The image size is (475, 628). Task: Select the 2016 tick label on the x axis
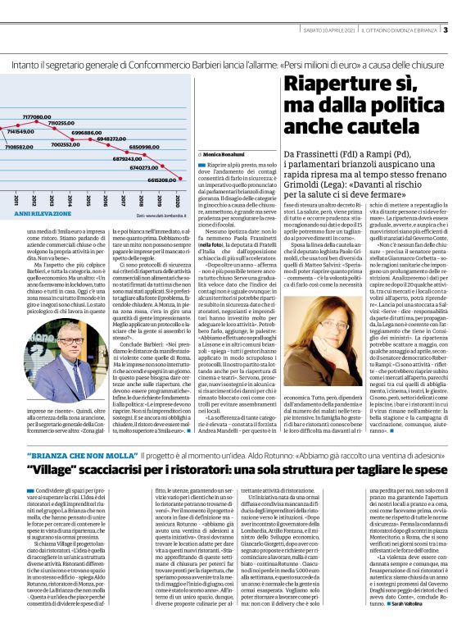[105, 201]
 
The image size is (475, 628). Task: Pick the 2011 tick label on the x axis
[16, 201]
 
